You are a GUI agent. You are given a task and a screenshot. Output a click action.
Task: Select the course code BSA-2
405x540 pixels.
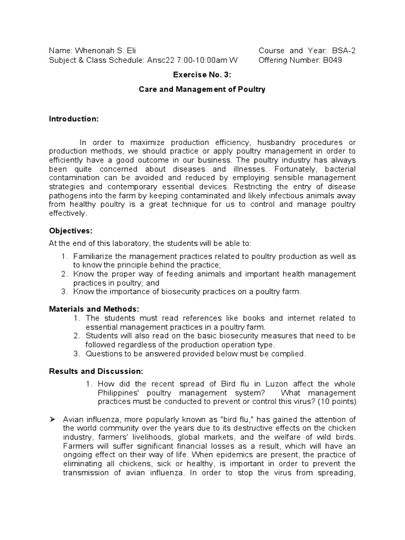(344, 51)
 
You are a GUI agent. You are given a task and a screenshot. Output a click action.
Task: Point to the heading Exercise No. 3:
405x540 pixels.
(202, 75)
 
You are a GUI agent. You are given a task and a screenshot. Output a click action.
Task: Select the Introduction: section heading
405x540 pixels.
(74, 119)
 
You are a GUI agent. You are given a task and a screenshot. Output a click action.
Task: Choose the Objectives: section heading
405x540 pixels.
(71, 231)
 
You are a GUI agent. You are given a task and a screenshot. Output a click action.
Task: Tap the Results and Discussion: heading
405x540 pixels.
(96, 371)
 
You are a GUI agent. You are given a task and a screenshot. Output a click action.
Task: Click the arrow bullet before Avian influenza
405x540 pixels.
(52, 419)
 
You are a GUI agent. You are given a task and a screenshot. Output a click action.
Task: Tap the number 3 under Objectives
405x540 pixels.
(64, 291)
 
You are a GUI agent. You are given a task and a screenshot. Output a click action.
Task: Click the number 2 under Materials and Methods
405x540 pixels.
(76, 336)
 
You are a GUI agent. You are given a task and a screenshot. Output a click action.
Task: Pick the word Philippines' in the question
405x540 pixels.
(119, 393)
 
